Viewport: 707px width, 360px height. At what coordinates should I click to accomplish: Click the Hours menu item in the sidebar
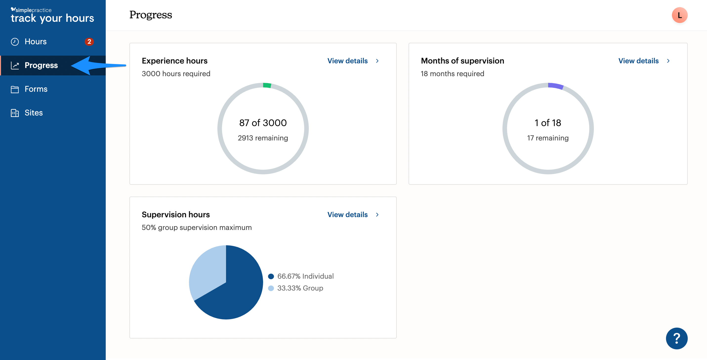click(36, 42)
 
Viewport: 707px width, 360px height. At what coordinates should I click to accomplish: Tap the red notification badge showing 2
click(89, 42)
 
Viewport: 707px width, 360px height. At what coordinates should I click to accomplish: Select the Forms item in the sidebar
click(36, 89)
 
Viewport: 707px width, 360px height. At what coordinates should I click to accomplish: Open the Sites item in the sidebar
click(34, 112)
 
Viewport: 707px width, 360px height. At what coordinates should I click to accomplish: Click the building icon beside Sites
click(15, 113)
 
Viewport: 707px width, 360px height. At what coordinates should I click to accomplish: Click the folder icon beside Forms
click(15, 89)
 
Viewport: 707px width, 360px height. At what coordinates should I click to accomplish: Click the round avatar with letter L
click(679, 15)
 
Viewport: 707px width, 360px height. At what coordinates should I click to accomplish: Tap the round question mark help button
click(677, 338)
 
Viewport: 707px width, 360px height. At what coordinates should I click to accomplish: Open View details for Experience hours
click(353, 61)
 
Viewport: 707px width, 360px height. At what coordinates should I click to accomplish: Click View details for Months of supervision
click(644, 61)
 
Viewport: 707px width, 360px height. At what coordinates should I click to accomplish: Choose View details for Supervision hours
click(353, 214)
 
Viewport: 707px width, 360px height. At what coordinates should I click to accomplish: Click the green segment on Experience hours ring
click(267, 85)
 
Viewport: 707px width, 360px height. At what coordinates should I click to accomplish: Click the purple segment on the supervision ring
click(556, 86)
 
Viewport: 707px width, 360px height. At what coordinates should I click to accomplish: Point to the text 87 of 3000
click(263, 123)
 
